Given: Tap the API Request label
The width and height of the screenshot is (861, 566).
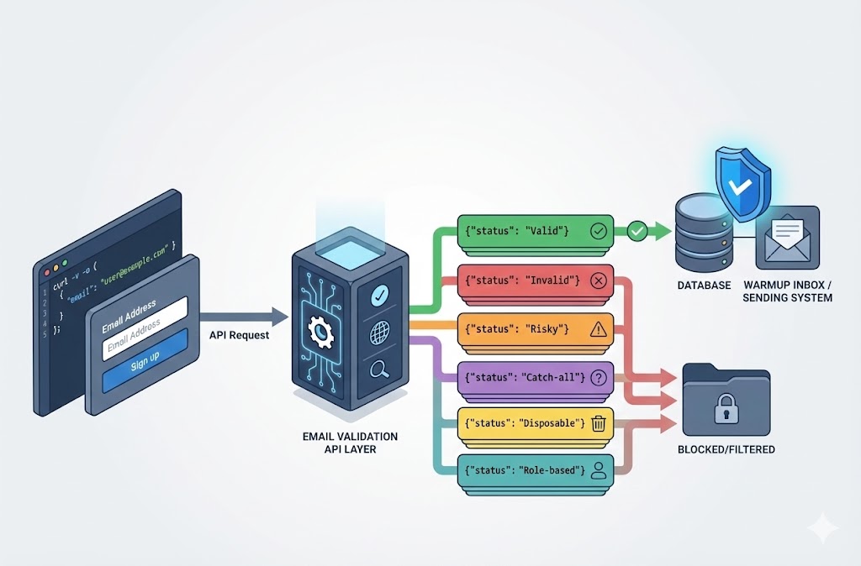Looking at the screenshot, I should tap(240, 334).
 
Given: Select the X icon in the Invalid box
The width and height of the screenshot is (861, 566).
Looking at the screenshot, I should tap(599, 280).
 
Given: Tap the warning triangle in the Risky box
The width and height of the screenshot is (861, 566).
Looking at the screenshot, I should tap(599, 329).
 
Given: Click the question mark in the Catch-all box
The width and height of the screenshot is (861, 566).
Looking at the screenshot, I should tap(599, 378).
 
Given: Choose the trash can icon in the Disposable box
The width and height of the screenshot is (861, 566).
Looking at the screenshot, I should tap(599, 423).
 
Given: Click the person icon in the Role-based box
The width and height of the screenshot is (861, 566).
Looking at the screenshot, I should tap(599, 471).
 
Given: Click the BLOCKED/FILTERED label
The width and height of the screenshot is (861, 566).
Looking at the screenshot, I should tap(726, 449).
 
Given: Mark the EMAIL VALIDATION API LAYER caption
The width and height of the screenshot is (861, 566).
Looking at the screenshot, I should tap(351, 443).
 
